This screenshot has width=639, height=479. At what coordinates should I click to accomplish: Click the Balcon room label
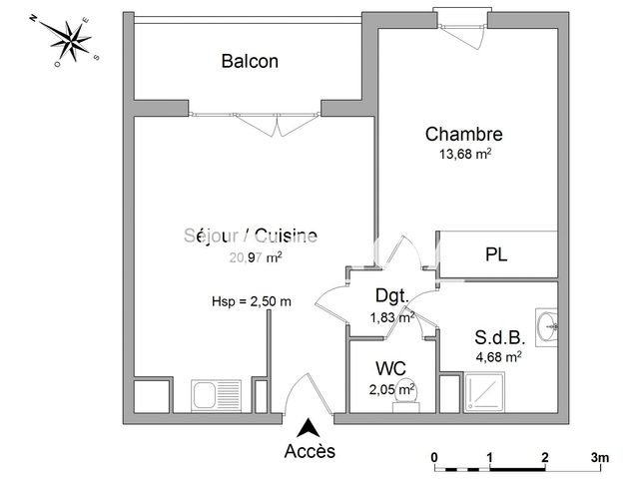250,61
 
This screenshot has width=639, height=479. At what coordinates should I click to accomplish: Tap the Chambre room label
463,134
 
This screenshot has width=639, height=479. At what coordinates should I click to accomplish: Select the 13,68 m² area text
466,154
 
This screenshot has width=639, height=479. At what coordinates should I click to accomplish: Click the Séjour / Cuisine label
251,237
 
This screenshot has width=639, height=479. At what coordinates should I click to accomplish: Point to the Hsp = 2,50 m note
252,301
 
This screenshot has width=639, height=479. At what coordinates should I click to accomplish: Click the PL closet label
496,255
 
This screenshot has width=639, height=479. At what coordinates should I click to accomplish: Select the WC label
390,368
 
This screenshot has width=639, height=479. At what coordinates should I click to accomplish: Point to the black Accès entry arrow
311,428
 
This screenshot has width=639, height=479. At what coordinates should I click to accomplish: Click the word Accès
311,451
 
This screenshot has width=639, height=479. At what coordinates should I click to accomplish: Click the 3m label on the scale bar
600,457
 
